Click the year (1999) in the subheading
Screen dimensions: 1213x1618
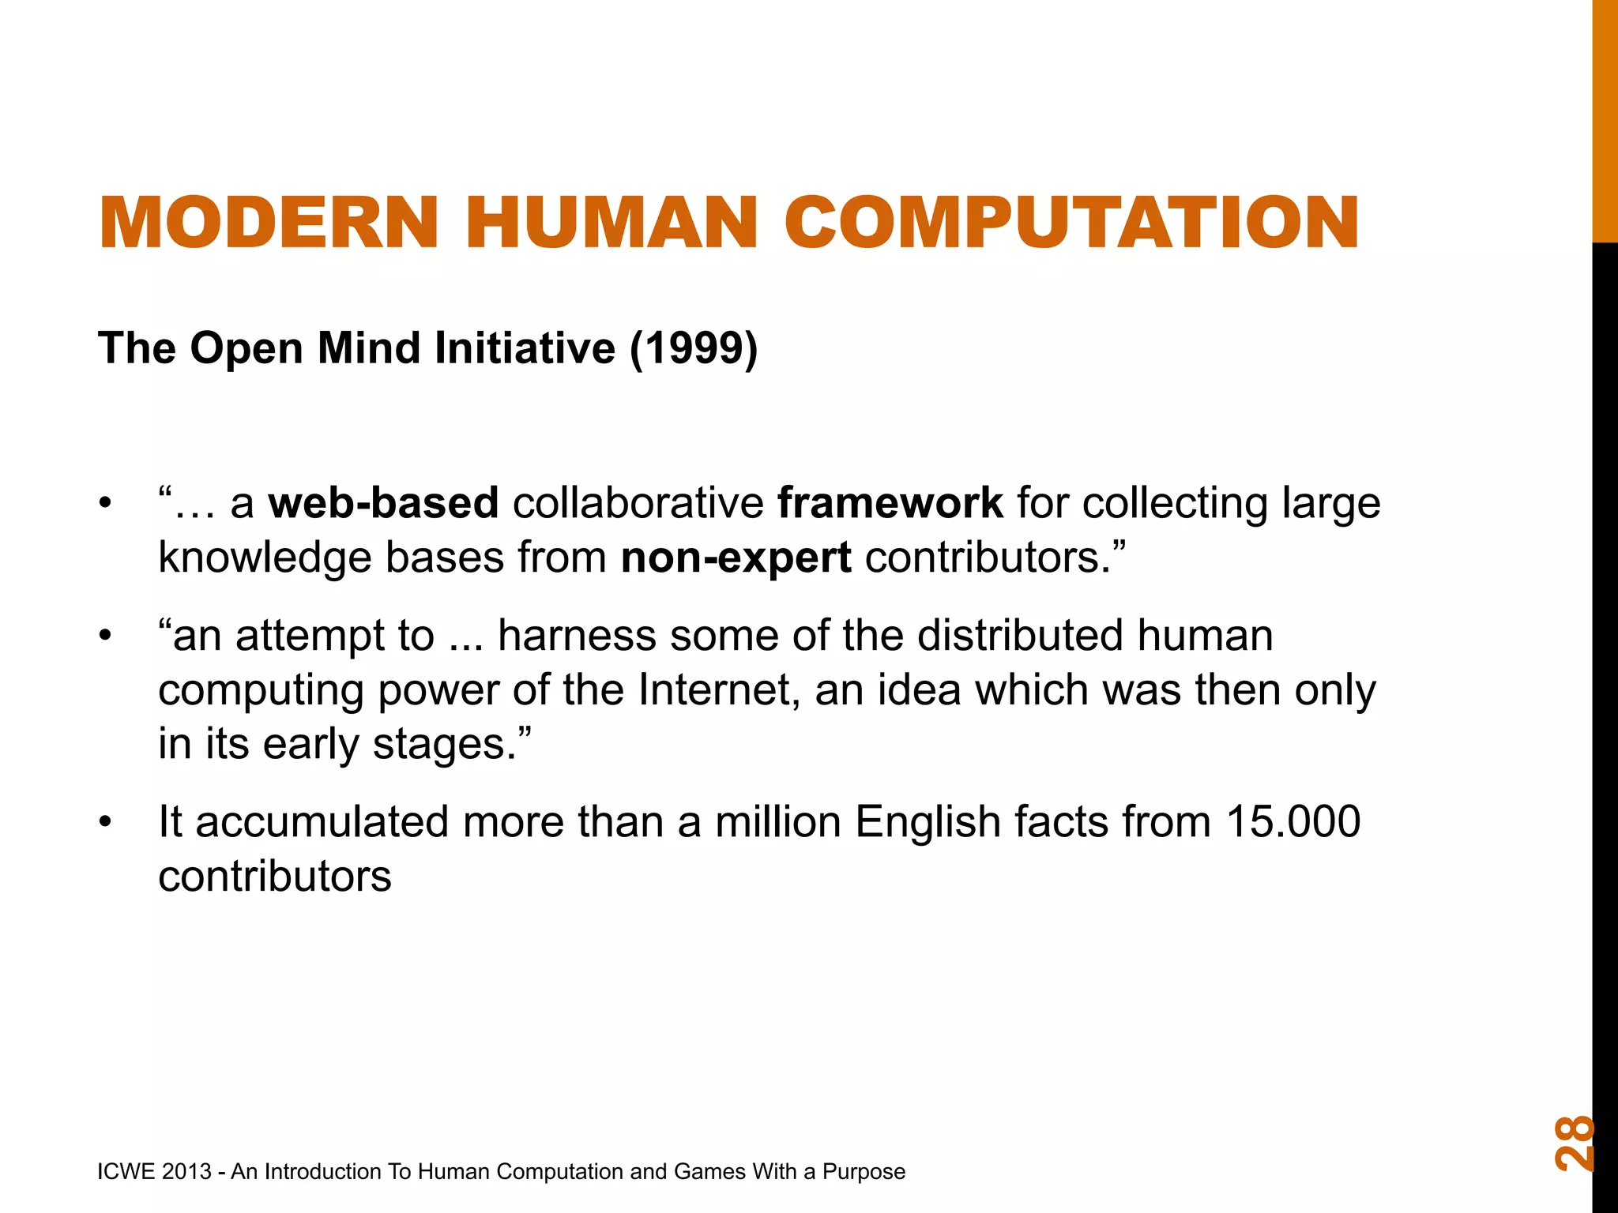693,348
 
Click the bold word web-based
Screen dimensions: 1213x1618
383,503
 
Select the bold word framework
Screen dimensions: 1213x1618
890,503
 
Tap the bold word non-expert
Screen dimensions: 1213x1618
736,558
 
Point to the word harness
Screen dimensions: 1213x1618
577,636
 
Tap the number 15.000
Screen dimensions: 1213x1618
1293,821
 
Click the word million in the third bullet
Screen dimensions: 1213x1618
777,821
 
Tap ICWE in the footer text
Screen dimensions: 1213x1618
126,1171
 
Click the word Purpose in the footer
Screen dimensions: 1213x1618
864,1172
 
